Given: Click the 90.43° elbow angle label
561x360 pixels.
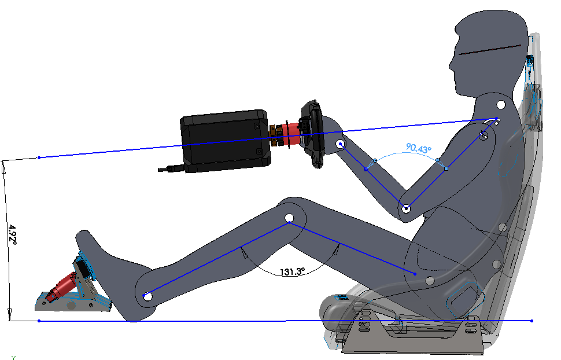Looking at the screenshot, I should click(x=419, y=148).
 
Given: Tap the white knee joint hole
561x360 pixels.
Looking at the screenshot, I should click(x=289, y=219).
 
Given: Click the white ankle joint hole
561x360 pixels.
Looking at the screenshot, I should click(x=147, y=296).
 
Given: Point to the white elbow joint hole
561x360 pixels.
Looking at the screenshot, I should click(x=407, y=208).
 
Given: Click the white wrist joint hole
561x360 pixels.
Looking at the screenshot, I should click(x=341, y=144).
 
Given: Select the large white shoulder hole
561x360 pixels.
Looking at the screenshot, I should click(x=500, y=105).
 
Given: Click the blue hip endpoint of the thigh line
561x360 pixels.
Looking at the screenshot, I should click(x=415, y=273).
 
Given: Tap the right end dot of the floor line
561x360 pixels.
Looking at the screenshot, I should click(x=532, y=320).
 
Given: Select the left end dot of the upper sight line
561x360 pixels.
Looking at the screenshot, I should click(x=39, y=157).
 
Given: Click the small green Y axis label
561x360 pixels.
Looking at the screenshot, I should click(x=13, y=357).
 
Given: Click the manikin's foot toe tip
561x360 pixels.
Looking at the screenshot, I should click(x=81, y=233).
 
